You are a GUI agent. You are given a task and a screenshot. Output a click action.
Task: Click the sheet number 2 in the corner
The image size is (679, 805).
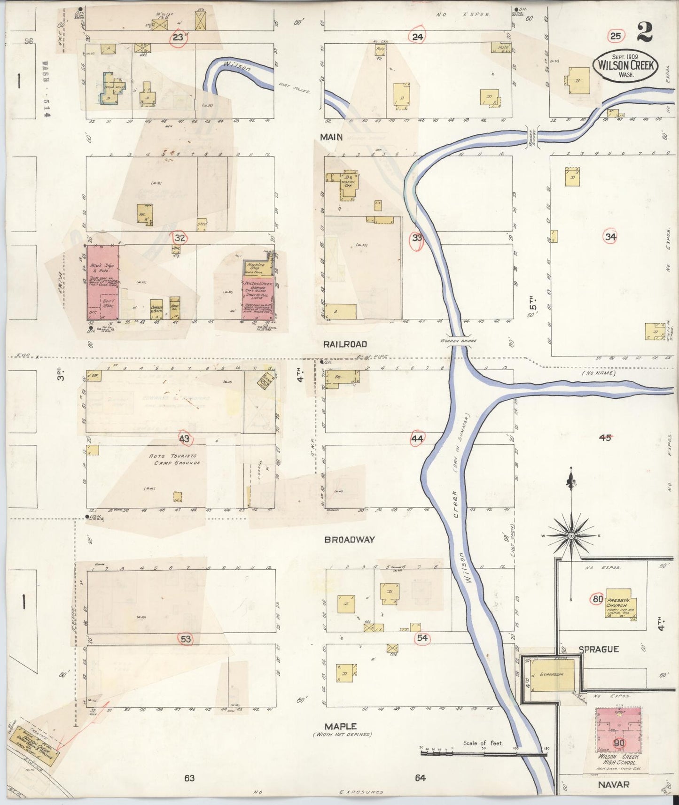[x=645, y=32]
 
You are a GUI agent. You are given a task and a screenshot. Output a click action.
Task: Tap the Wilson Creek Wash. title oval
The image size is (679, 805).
[x=625, y=66]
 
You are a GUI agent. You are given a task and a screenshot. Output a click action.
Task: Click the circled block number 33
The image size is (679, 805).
[x=417, y=238]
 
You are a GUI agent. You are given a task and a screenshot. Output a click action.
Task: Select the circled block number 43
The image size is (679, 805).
[x=184, y=439]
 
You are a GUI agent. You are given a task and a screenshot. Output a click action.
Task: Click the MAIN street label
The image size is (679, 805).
[x=331, y=137]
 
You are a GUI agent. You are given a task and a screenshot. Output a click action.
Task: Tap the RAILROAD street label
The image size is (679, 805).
[x=344, y=344]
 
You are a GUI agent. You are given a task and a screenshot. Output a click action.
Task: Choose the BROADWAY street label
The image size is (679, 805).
[x=350, y=540]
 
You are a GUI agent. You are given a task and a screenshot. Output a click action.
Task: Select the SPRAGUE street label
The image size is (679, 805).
[x=598, y=649]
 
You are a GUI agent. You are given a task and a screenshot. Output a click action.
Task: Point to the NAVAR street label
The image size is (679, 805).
[x=613, y=784]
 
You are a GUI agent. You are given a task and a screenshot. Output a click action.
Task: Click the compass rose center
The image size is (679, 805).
[x=571, y=535]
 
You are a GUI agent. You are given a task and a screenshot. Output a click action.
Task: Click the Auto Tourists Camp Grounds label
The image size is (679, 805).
[x=174, y=459]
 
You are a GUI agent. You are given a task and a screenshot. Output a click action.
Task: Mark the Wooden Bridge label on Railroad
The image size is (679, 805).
[x=459, y=341]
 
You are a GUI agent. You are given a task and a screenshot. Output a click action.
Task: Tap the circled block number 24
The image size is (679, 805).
[x=417, y=36]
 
